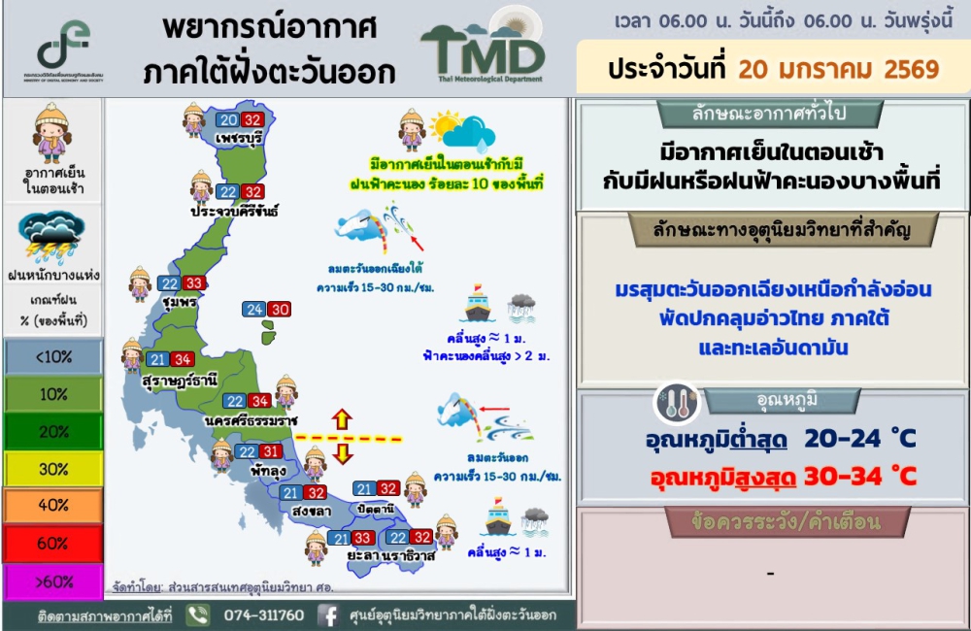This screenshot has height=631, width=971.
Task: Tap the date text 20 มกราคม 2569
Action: (839, 69)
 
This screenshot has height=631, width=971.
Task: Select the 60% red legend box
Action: (53, 544)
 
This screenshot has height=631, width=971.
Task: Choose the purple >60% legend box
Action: (53, 582)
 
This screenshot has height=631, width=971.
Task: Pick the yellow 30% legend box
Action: (53, 469)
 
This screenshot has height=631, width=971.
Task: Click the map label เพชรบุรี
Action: (239, 138)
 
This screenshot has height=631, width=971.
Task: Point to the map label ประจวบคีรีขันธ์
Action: (234, 211)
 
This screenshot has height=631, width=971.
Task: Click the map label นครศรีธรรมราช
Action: (251, 420)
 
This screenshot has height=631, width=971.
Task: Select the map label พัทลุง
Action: (268, 471)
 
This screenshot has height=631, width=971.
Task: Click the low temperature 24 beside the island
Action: (254, 309)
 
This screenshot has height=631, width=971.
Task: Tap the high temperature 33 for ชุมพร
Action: (194, 283)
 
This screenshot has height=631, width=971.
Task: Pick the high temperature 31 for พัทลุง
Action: (270, 451)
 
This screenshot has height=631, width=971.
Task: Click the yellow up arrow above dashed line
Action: (342, 419)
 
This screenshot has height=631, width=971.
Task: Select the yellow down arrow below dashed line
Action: (342, 452)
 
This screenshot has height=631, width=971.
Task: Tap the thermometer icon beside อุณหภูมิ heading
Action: (677, 403)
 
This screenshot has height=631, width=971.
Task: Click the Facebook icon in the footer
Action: (328, 615)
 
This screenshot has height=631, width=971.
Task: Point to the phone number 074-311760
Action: (264, 614)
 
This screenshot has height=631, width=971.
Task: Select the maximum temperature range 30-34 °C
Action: (860, 477)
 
